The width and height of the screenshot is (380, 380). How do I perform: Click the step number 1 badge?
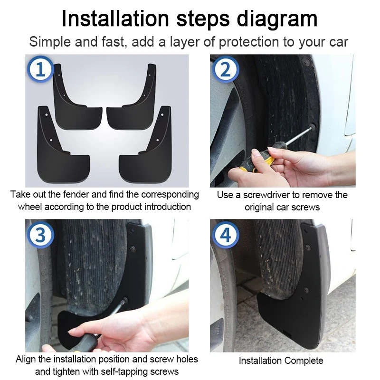40,69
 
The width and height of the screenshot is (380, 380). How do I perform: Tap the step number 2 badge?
225,69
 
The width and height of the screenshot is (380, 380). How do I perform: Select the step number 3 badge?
40,235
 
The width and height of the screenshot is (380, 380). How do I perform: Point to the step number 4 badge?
225,235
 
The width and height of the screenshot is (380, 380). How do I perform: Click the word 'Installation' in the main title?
115,19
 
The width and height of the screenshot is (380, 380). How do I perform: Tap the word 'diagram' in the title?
277,19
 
